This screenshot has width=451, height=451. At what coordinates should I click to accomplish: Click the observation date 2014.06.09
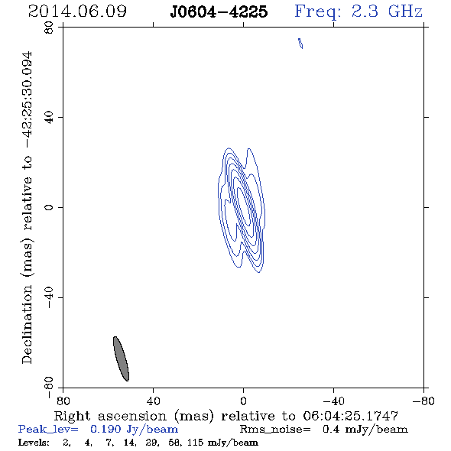(x=77, y=11)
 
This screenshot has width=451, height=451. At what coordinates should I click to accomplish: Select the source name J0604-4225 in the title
(x=219, y=11)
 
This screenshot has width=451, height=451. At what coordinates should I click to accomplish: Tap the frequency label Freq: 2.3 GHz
(x=359, y=11)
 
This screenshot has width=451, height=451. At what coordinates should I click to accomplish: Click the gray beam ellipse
(x=121, y=359)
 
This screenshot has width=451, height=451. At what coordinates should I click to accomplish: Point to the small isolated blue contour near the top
(x=300, y=43)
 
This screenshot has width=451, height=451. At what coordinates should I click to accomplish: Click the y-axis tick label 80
(x=49, y=28)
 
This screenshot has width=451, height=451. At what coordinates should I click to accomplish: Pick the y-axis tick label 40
(x=49, y=118)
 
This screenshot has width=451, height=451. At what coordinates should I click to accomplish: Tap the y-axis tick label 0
(x=49, y=207)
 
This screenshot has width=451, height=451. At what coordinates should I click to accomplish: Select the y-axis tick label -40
(x=49, y=297)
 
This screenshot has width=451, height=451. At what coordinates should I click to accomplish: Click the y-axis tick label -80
(x=49, y=388)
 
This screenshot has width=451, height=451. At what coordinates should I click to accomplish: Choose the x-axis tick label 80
(x=63, y=401)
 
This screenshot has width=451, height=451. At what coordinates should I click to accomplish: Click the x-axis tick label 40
(x=153, y=401)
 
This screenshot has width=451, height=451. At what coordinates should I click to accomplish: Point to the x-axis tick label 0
(x=243, y=401)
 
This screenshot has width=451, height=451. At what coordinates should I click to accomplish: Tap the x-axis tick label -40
(x=333, y=401)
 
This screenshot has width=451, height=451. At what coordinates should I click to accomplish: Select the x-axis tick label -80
(x=423, y=401)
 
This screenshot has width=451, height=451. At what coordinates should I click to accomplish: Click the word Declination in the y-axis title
(x=27, y=324)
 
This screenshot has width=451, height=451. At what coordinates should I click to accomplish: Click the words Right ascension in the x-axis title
(x=110, y=416)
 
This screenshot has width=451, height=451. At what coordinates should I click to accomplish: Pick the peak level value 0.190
(x=105, y=429)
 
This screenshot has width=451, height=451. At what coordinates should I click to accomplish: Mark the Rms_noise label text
(x=275, y=430)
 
